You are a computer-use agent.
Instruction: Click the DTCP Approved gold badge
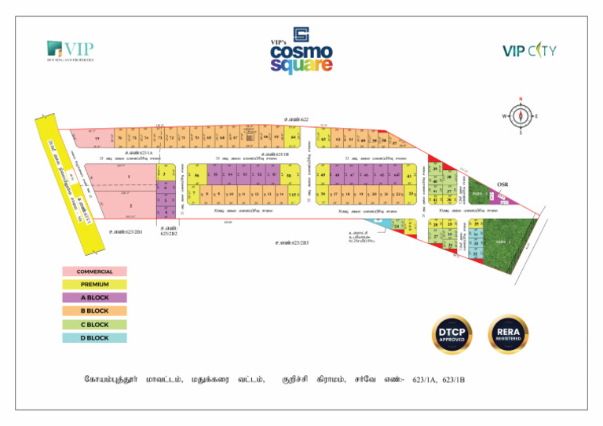point(452,334)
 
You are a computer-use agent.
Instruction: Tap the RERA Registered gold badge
point(508,334)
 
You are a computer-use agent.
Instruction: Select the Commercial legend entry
point(94,271)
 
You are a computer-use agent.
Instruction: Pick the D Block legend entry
point(94,338)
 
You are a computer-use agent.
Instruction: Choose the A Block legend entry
point(94,298)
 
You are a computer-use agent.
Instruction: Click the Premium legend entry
point(94,285)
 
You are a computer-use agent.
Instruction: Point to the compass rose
point(521,116)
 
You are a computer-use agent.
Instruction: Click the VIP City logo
point(530,51)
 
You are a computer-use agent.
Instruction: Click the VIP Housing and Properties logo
point(71,51)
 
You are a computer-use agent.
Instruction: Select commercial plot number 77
point(97,139)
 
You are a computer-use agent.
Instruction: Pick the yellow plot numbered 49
point(323,175)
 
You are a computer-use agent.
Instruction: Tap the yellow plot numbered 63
point(324,138)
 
